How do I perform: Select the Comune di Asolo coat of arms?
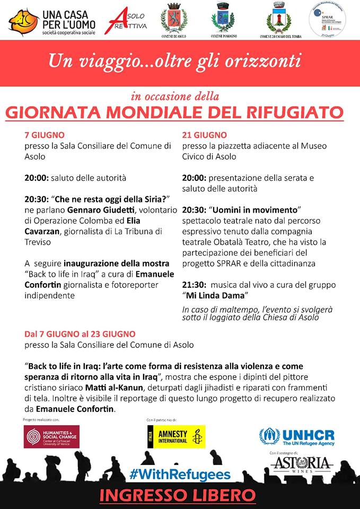174,20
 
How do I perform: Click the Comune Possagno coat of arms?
223,20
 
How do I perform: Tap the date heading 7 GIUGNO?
45,135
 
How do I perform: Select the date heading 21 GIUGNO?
205,135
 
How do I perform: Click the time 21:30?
194,284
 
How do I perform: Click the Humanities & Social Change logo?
51,436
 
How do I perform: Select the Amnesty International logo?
174,436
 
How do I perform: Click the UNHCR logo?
297,437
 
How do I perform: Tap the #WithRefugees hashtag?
180,473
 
